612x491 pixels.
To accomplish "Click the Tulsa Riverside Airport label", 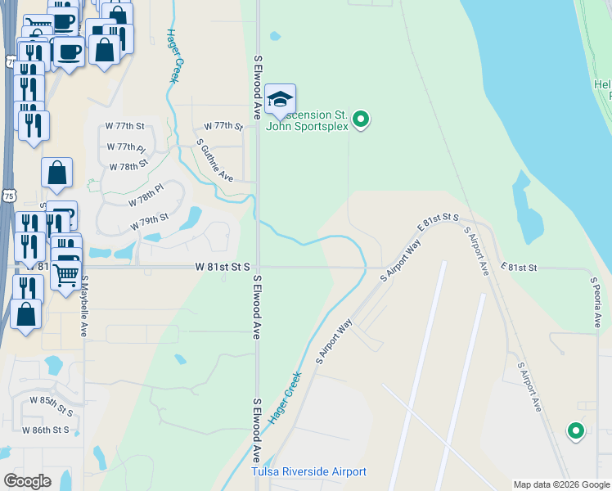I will (x=308, y=472).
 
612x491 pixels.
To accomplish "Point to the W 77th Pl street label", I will (x=125, y=147).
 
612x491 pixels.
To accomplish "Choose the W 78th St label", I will (x=129, y=165).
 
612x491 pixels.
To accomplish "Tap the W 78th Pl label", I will (x=146, y=195).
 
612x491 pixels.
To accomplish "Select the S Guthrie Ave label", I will (x=215, y=160).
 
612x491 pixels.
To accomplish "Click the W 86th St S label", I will (x=47, y=430).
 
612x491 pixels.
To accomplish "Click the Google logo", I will (x=27, y=481).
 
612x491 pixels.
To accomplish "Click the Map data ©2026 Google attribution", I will (x=560, y=484).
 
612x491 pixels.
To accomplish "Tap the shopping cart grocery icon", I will (x=66, y=274).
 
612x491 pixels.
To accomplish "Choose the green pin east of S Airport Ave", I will (x=575, y=430).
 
